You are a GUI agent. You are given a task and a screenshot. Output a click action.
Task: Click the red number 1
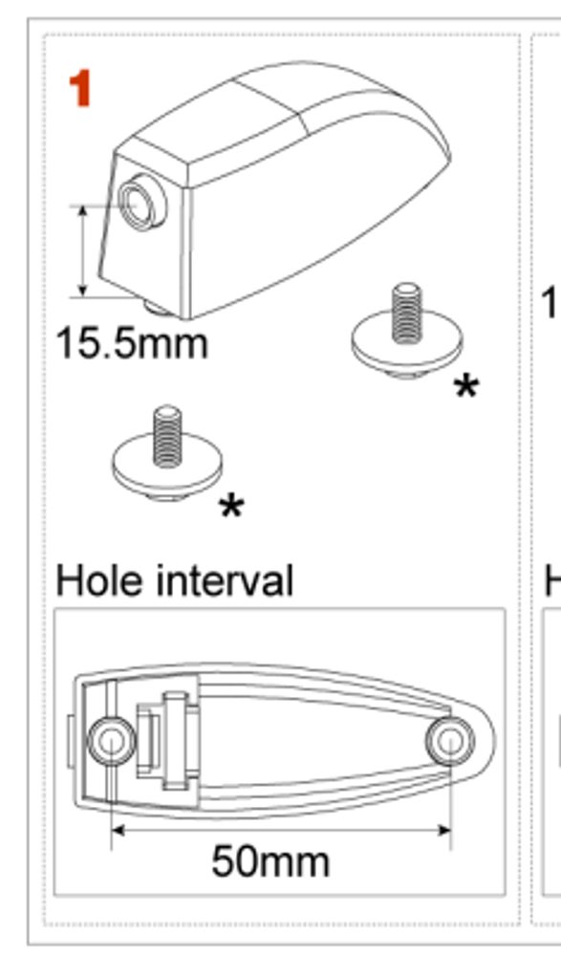tap(81, 88)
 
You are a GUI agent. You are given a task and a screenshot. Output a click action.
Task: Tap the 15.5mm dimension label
tap(132, 344)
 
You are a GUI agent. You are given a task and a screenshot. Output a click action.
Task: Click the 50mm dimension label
tap(270, 861)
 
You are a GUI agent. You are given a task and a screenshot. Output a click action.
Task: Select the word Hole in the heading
tap(102, 580)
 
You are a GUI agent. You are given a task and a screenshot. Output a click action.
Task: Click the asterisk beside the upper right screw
tap(466, 387)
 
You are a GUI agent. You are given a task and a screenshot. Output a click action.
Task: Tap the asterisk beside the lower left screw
tap(231, 507)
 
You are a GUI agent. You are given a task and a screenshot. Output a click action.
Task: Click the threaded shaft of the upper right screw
tap(407, 313)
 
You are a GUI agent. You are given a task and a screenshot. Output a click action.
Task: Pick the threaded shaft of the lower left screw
tap(167, 436)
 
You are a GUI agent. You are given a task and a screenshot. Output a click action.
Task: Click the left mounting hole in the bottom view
tap(111, 741)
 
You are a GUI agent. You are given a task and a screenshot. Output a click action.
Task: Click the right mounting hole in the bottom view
tap(450, 741)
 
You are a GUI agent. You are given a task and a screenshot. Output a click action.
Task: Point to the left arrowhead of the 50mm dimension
tap(119, 830)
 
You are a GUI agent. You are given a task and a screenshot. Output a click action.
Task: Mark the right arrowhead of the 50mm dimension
tap(443, 830)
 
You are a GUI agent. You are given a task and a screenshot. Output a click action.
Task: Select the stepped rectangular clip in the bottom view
tap(168, 741)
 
